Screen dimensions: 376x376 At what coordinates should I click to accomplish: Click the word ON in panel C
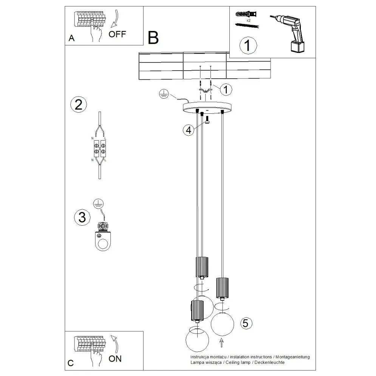[x=115, y=359]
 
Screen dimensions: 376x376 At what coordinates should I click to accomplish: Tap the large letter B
[x=153, y=37]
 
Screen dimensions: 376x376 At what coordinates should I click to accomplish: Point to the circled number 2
[x=79, y=104]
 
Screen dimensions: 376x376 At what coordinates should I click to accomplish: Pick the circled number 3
[x=82, y=217]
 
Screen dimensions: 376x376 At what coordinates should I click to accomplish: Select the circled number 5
[x=246, y=323]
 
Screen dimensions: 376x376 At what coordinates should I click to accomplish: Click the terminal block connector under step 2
[x=99, y=148]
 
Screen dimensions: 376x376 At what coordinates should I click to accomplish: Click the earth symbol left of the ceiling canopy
[x=163, y=94]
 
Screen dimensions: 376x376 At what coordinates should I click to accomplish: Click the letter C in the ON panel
[x=70, y=363]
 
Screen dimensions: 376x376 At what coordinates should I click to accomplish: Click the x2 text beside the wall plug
[x=248, y=20]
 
